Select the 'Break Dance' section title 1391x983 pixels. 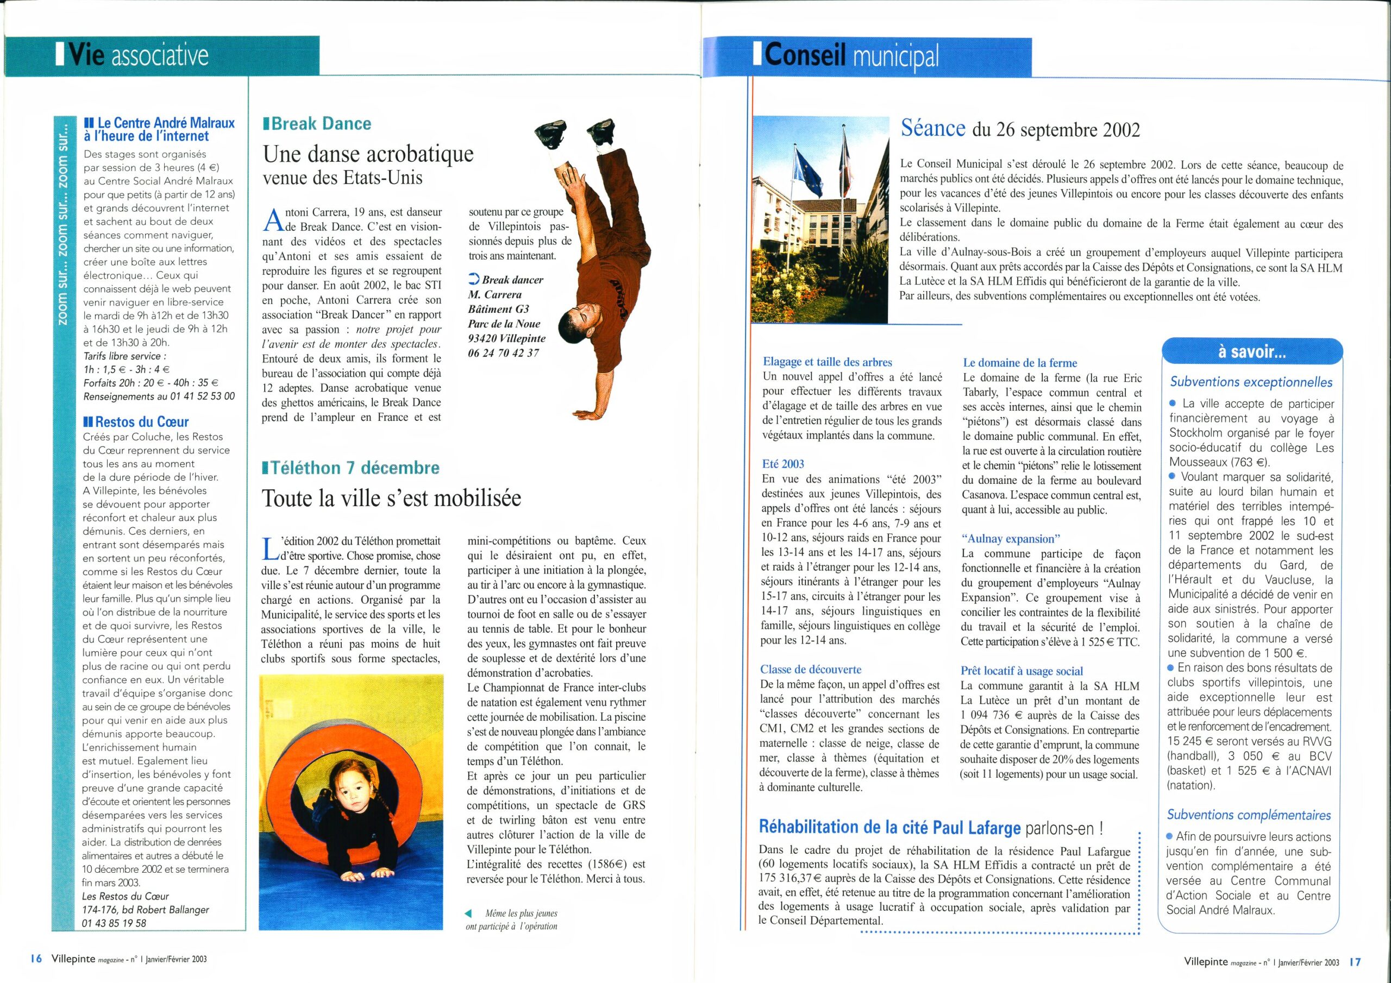pos(321,124)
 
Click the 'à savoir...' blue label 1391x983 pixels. pos(1252,352)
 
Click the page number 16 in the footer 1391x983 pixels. pos(36,959)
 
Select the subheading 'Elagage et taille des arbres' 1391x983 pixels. pos(828,362)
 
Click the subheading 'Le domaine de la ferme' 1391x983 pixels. pos(1020,363)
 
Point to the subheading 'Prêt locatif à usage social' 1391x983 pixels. pos(1022,671)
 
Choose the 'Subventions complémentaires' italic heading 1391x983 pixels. pos(1249,815)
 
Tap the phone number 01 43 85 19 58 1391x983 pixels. pos(114,923)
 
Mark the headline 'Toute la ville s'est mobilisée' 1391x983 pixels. pos(391,498)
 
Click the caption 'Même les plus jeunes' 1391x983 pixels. pos(521,913)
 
